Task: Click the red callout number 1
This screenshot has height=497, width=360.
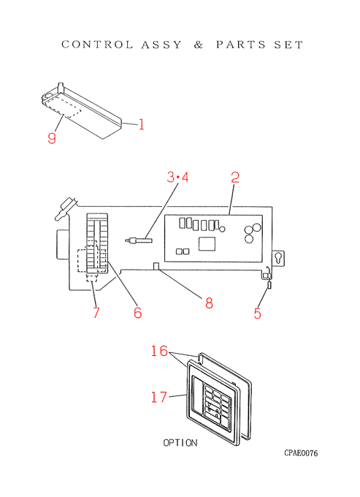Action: click(x=141, y=124)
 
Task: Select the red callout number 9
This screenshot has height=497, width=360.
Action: click(x=52, y=138)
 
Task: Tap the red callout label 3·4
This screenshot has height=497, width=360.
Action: click(x=177, y=177)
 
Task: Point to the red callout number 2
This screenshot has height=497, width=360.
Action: click(x=235, y=178)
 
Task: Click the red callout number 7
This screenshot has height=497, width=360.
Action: click(x=96, y=313)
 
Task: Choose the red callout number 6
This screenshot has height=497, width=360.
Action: click(x=138, y=313)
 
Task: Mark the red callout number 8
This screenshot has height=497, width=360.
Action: click(x=209, y=303)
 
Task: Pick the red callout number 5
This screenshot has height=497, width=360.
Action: click(x=258, y=313)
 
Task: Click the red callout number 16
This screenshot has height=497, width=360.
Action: click(x=159, y=351)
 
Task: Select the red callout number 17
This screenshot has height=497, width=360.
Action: click(x=158, y=397)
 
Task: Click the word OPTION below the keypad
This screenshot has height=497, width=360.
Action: click(x=180, y=443)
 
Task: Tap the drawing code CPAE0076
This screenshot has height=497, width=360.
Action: click(x=301, y=453)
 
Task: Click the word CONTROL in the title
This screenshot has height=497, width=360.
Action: click(x=97, y=45)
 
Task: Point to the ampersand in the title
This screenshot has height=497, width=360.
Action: click(x=198, y=45)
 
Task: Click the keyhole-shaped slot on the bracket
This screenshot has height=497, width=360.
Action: click(x=279, y=258)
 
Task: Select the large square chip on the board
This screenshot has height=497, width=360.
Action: click(x=207, y=243)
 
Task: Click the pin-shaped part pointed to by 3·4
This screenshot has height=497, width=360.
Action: click(x=139, y=240)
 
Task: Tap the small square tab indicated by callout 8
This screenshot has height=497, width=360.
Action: click(x=156, y=266)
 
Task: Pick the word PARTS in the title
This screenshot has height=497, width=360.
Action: click(x=241, y=45)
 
